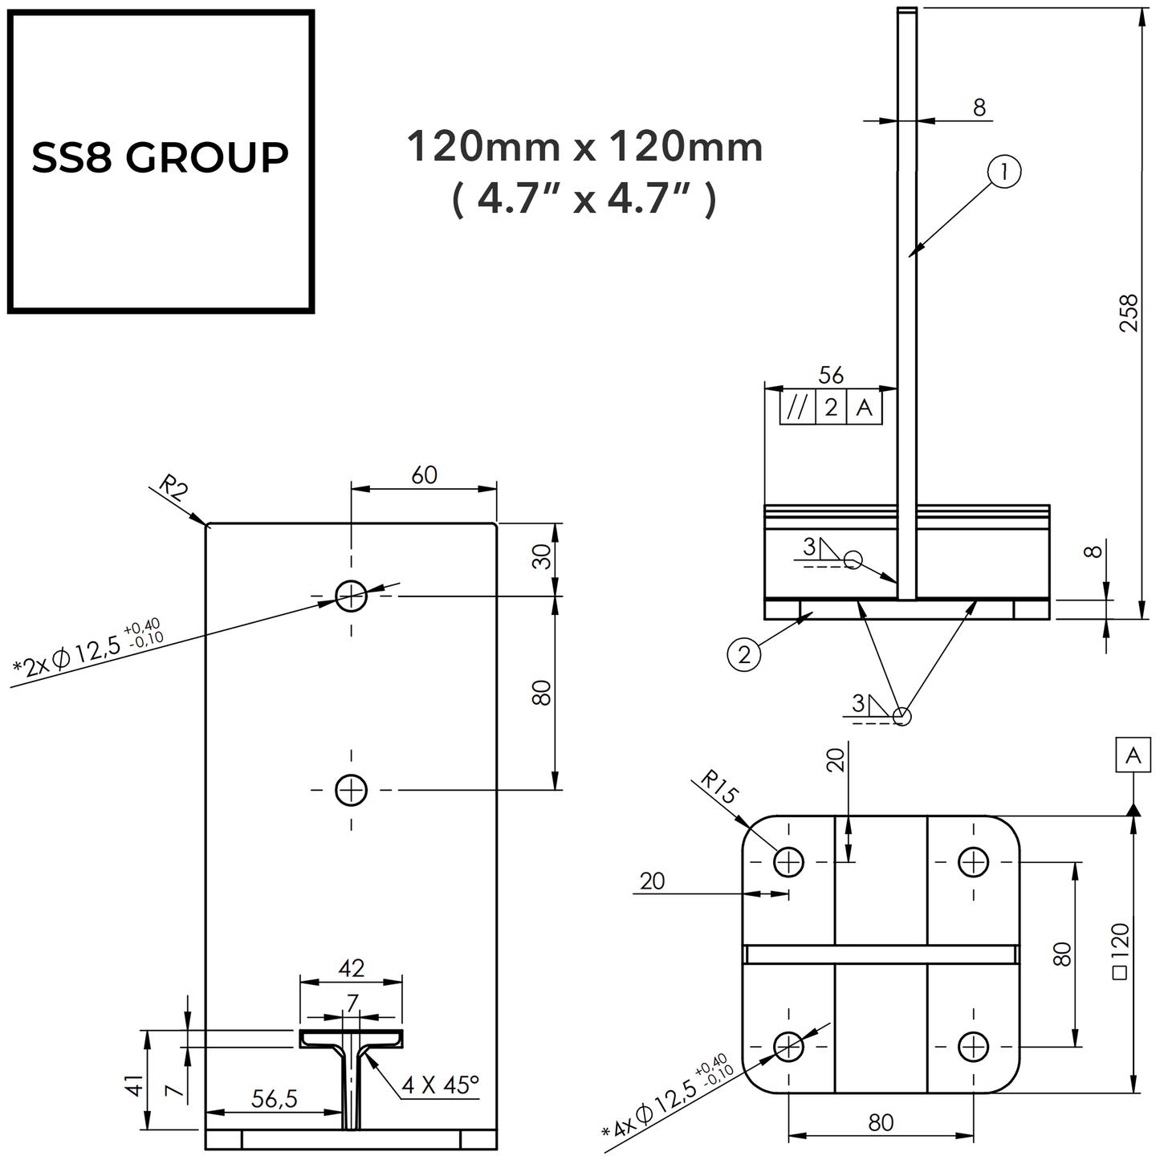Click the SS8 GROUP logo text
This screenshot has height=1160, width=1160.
pyautogui.click(x=160, y=157)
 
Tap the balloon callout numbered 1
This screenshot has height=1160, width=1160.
pyautogui.click(x=1004, y=173)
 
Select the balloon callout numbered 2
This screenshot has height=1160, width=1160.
pyautogui.click(x=743, y=655)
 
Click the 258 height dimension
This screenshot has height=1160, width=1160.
pyautogui.click(x=1129, y=313)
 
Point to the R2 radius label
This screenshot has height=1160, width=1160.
pyautogui.click(x=172, y=488)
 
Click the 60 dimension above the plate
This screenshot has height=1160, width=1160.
pyautogui.click(x=424, y=475)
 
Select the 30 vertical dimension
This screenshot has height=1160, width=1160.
pyautogui.click(x=543, y=556)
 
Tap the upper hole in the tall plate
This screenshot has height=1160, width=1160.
pyautogui.click(x=351, y=596)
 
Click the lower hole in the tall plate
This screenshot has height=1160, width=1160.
pyautogui.click(x=351, y=790)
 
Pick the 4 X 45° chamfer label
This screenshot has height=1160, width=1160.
pyautogui.click(x=440, y=1085)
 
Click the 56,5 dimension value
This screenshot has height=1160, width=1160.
pyautogui.click(x=275, y=1099)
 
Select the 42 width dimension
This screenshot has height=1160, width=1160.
pyautogui.click(x=352, y=968)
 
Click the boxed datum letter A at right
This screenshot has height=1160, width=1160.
pyautogui.click(x=1133, y=755)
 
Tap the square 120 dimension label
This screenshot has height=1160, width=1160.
pyautogui.click(x=1121, y=950)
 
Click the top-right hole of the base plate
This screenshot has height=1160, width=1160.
pyautogui.click(x=973, y=862)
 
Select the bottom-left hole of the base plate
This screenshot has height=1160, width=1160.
pyautogui.click(x=788, y=1046)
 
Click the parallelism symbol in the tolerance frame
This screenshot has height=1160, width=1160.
pyautogui.click(x=797, y=408)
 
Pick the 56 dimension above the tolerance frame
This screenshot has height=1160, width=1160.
pyautogui.click(x=831, y=375)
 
